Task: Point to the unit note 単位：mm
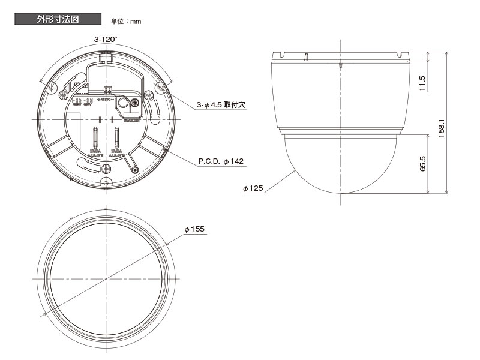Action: [x=126, y=22]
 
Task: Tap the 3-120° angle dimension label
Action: [x=105, y=39]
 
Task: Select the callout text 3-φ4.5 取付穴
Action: [x=222, y=104]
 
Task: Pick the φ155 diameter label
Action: [x=195, y=230]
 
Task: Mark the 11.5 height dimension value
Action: [x=422, y=83]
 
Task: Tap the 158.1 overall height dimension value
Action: [x=442, y=128]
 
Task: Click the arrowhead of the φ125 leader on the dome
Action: [x=296, y=171]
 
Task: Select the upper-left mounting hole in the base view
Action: [x=52, y=88]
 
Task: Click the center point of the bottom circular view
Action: [x=106, y=279]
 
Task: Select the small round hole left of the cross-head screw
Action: [x=124, y=104]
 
